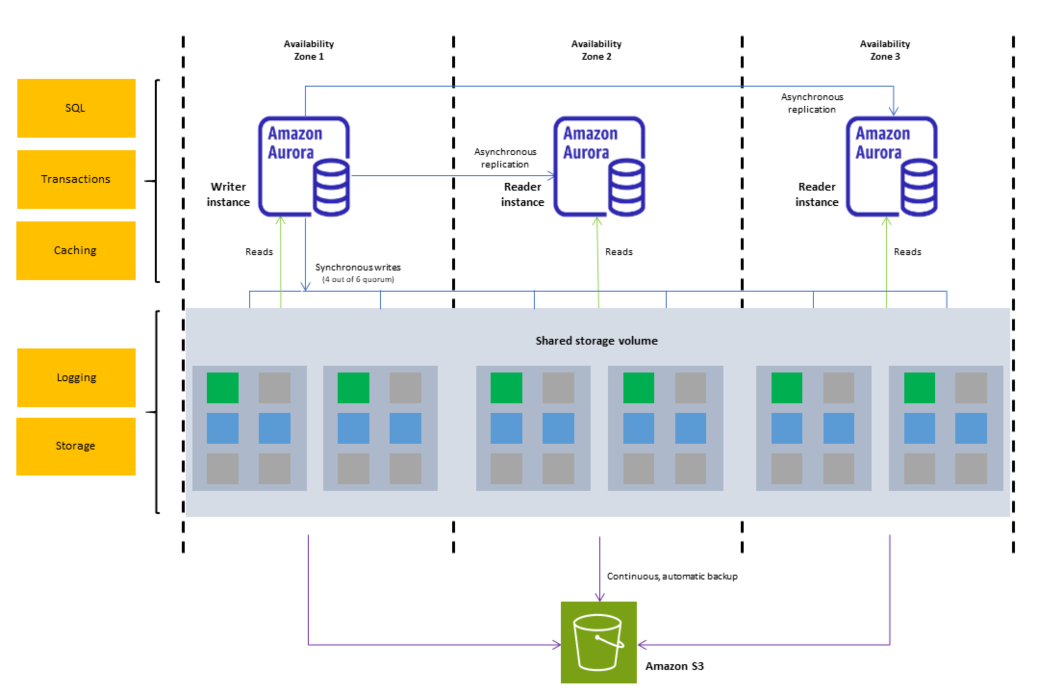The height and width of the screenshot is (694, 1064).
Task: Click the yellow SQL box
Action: pyautogui.click(x=76, y=108)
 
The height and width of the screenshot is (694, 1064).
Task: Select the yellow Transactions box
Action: pyautogui.click(x=76, y=179)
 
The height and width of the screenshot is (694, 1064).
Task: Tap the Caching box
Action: pyautogui.click(x=76, y=250)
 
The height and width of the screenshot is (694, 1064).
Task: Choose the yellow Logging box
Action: pyautogui.click(x=76, y=377)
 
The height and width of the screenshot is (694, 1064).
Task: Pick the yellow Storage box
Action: pyautogui.click(x=76, y=446)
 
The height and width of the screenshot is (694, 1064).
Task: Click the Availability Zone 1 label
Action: pyautogui.click(x=308, y=50)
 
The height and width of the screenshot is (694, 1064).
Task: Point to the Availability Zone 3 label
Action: pyautogui.click(x=885, y=50)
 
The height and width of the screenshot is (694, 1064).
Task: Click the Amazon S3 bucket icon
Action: pyautogui.click(x=598, y=642)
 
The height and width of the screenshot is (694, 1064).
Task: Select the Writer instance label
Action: pyautogui.click(x=228, y=194)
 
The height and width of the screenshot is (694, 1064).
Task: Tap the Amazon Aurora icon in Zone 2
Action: pyautogui.click(x=599, y=166)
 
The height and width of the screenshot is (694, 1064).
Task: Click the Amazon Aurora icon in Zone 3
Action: pyautogui.click(x=891, y=166)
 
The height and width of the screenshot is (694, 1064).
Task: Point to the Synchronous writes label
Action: pyautogui.click(x=358, y=268)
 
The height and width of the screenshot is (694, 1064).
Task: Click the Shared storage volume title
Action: pyautogui.click(x=596, y=341)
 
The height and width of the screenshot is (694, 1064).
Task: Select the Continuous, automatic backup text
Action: pyautogui.click(x=671, y=576)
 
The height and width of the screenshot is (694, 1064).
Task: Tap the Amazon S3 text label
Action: pyautogui.click(x=674, y=666)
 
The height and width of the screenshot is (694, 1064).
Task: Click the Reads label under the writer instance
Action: pyautogui.click(x=259, y=252)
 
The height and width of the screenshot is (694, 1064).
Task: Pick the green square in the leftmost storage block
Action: pyautogui.click(x=222, y=387)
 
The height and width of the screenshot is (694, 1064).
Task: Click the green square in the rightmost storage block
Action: pyautogui.click(x=919, y=387)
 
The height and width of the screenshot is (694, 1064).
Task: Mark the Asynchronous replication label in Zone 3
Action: pyautogui.click(x=811, y=103)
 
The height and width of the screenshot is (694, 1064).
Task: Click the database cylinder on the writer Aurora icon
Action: pyautogui.click(x=331, y=188)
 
